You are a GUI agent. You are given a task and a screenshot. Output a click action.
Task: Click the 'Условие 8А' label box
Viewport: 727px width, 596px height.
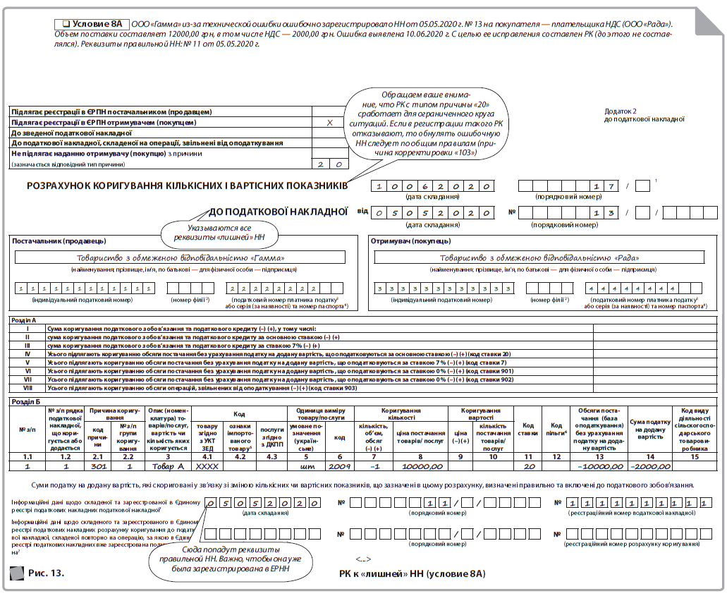[92, 24]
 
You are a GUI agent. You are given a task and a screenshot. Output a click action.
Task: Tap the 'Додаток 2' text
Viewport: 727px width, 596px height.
[621, 111]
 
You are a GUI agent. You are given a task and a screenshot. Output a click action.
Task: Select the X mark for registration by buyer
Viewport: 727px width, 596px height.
[330, 122]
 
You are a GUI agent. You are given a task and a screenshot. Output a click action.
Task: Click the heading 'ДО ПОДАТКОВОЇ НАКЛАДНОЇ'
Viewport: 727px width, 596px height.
[279, 211]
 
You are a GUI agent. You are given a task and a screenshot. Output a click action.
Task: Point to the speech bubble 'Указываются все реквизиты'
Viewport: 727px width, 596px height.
[219, 233]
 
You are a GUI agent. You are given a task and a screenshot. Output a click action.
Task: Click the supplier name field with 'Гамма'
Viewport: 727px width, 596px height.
[180, 258]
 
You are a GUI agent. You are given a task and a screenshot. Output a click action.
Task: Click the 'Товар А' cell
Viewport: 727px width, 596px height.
[166, 466]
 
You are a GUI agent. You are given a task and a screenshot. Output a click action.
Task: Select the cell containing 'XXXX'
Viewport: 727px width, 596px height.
[207, 466]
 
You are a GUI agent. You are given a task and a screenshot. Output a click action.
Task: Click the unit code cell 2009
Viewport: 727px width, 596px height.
[339, 466]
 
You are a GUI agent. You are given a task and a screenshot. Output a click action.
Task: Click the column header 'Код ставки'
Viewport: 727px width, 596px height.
[527, 430]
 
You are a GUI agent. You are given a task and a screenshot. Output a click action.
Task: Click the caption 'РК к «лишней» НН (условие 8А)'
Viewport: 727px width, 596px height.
[412, 573]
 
